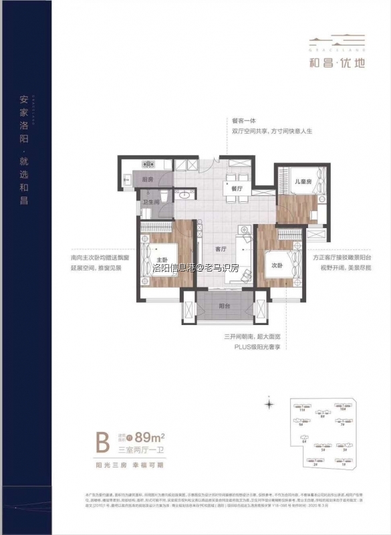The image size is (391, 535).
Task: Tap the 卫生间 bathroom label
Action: click(x=150, y=202)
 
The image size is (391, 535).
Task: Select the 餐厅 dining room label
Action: click(x=235, y=189)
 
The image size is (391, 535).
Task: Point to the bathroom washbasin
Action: click(x=183, y=196)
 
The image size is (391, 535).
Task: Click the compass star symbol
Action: click(x=269, y=404)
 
